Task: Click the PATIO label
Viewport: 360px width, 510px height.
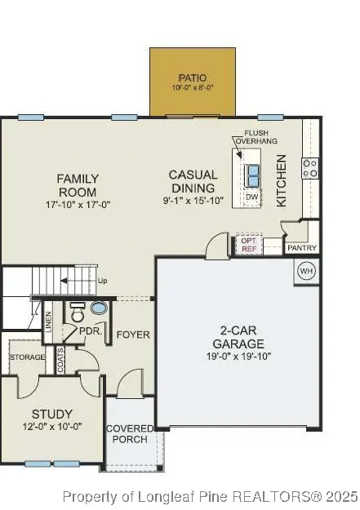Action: coord(193,78)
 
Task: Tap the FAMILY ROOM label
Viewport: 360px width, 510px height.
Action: coord(78,185)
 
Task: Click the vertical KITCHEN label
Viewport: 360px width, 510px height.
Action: coord(281,184)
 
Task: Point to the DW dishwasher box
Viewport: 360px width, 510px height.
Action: coord(252,197)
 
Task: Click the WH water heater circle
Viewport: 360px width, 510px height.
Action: coord(306,271)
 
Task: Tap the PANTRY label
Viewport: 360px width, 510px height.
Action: coord(301,248)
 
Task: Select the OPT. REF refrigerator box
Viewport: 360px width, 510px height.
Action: coord(248,244)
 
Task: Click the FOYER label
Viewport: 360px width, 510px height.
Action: coord(132,335)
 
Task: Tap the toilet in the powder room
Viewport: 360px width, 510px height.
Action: coord(78,313)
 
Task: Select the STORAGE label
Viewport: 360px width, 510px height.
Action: coord(27,357)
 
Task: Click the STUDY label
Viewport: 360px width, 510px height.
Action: coord(51,414)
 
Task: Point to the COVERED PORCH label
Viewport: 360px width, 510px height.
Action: coord(127,433)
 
